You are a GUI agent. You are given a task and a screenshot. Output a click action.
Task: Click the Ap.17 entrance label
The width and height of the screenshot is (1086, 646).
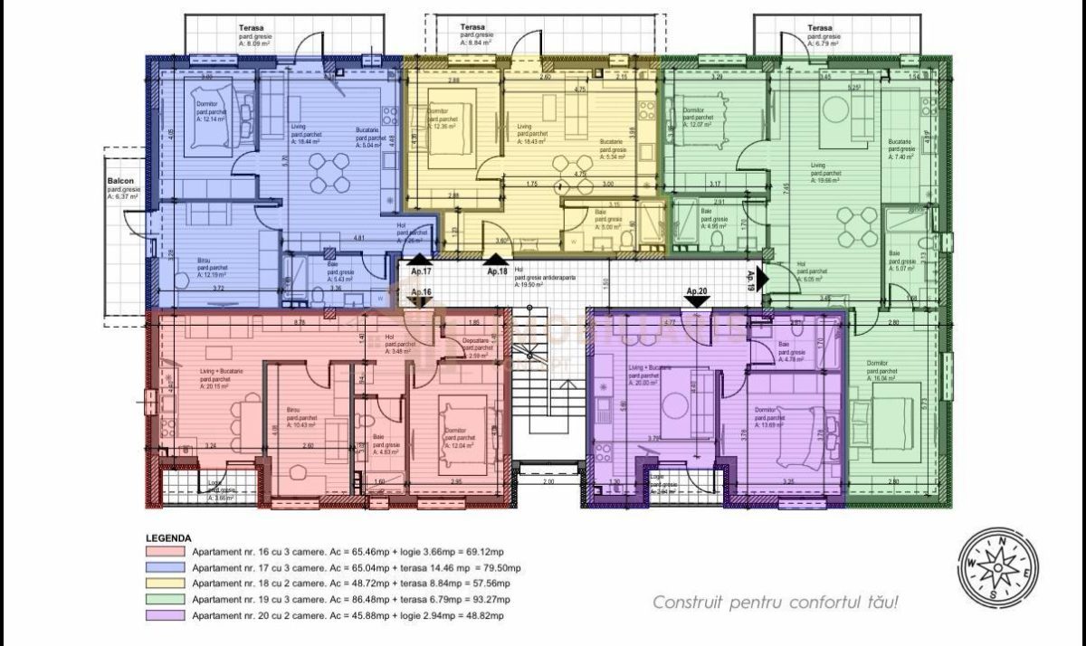pos(421,271)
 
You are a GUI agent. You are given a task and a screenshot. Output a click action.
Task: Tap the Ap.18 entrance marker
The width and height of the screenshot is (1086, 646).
pos(497,271)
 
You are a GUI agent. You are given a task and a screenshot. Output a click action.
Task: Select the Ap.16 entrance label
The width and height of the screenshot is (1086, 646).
pos(421,292)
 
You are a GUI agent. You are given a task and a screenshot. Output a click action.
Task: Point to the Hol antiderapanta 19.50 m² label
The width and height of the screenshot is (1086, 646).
pos(543,276)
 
